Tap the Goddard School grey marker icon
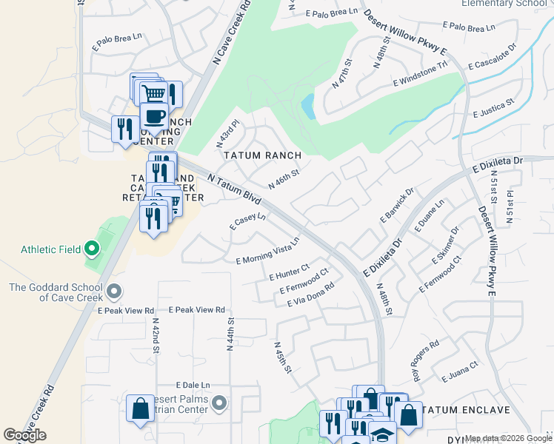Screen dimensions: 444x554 point(114,289)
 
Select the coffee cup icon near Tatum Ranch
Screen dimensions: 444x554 point(154,116)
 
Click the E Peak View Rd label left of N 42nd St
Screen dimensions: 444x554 point(130,311)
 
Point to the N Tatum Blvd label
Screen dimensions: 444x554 point(236,187)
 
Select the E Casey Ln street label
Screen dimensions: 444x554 point(247,220)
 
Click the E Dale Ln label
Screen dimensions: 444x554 point(193,386)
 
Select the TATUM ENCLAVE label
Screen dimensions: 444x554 point(466,410)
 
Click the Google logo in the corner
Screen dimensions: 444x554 point(24,435)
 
